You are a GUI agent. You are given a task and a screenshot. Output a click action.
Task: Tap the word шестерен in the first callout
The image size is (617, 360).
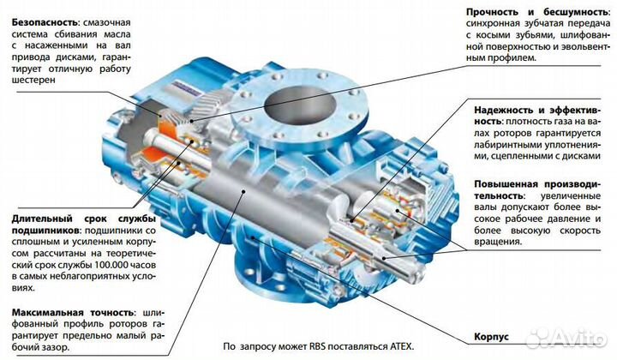[32, 79]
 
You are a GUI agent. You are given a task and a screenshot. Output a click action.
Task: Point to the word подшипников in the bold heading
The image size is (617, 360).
[42, 231]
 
